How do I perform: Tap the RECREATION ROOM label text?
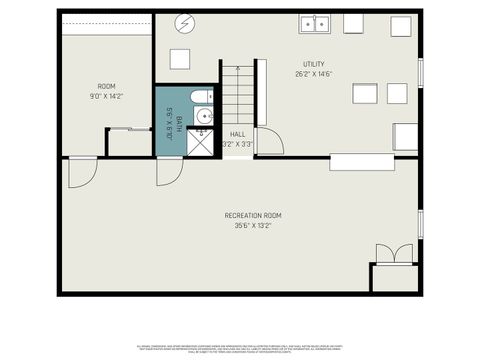(252, 216)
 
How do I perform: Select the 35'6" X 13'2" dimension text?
(252, 226)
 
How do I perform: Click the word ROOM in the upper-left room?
(106, 86)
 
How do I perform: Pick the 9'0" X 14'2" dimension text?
(106, 96)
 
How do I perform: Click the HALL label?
(238, 134)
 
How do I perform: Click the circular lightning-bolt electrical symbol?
(183, 22)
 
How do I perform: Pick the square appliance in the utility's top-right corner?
(402, 25)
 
